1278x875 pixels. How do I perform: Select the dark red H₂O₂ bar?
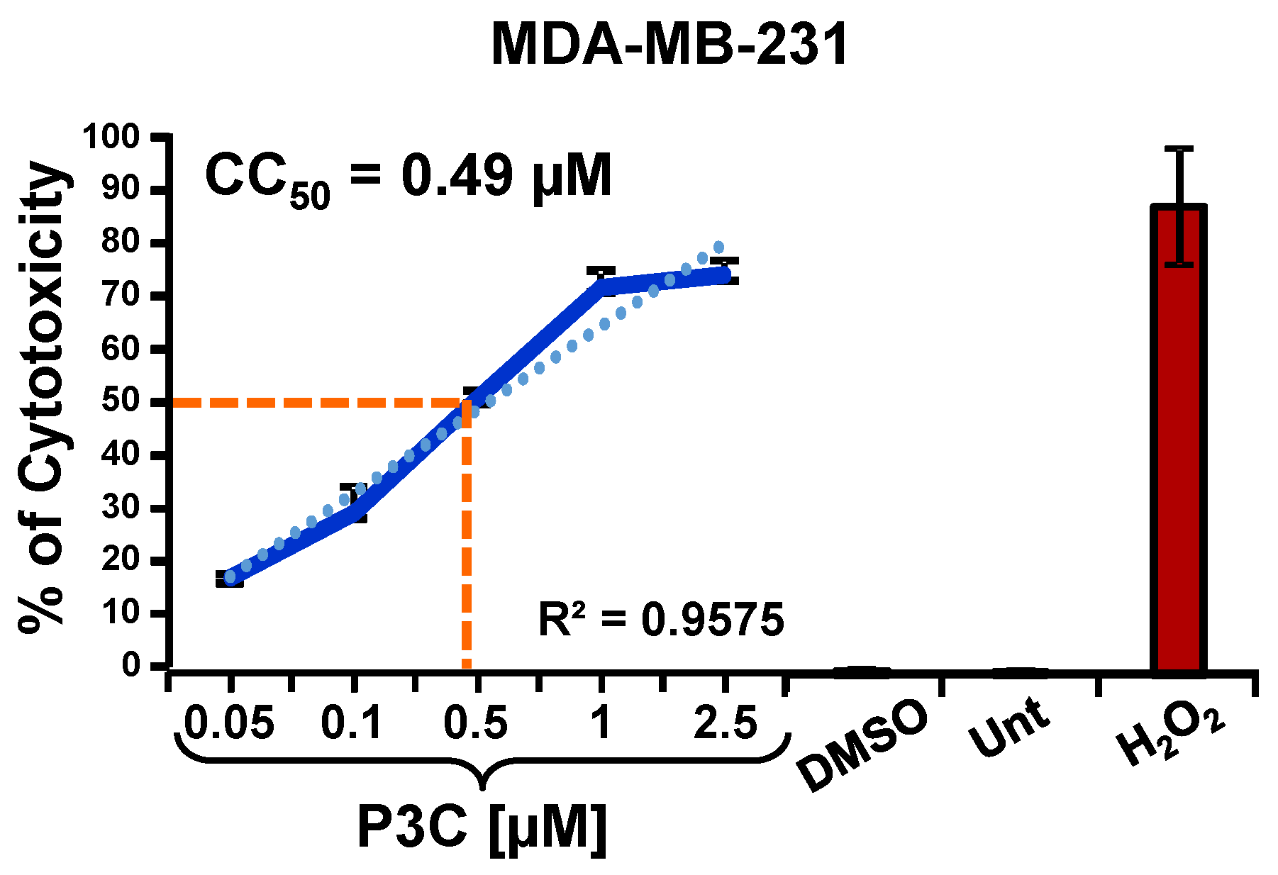[1179, 440]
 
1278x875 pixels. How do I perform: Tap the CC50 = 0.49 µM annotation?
[409, 177]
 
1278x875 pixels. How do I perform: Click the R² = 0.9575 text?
[661, 620]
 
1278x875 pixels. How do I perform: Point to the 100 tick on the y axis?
[112, 136]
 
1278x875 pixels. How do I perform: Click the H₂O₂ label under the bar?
[1170, 737]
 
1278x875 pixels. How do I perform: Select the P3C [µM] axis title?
[482, 827]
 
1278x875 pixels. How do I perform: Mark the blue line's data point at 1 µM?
[601, 286]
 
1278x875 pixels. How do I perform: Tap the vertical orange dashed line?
[466, 539]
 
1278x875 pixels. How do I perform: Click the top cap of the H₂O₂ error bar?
[1179, 149]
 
